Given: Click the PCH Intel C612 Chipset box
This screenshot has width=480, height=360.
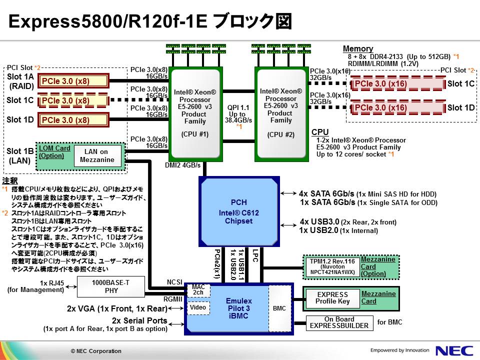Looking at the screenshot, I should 238,211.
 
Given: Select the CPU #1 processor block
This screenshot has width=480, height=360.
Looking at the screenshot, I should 195,113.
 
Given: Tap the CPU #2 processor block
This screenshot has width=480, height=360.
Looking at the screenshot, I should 281,113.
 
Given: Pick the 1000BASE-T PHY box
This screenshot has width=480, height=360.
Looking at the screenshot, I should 110,286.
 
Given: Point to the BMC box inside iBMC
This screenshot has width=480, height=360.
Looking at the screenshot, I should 279,308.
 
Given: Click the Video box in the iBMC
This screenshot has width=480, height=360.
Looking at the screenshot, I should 197,307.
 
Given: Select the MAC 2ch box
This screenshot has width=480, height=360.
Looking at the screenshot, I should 198,289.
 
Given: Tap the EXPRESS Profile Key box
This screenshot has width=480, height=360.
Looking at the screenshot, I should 332,297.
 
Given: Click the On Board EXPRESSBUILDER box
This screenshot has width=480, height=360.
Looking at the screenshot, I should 339,322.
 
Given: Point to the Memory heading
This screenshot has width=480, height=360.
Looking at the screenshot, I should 357,48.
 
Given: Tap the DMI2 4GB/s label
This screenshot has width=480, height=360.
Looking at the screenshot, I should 182,165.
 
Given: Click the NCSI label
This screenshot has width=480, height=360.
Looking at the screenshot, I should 174,282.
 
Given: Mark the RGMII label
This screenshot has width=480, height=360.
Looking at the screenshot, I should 173,299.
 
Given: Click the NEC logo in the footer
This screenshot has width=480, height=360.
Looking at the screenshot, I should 452,350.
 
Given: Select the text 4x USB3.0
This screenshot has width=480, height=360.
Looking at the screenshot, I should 319,221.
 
